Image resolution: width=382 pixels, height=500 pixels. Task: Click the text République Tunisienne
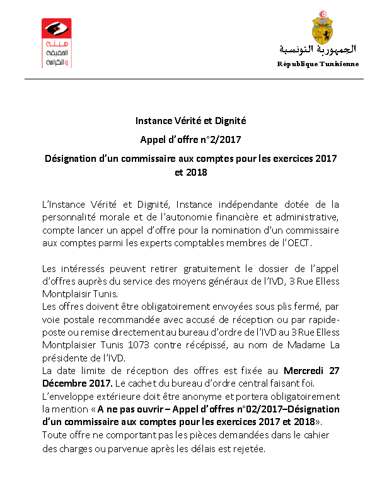tap(318, 64)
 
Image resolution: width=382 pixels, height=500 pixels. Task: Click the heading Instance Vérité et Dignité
tap(190, 120)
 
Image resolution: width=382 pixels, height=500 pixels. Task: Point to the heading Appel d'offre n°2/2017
tap(190, 139)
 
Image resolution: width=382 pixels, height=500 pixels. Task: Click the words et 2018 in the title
tap(190, 171)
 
